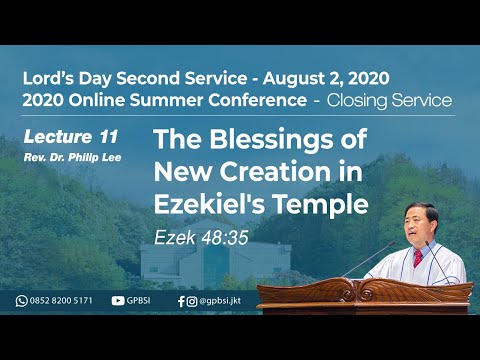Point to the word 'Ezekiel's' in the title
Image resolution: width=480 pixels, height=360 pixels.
(x=206, y=204)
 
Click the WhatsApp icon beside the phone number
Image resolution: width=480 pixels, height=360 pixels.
(x=21, y=300)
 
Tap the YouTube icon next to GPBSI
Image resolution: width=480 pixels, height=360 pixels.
(x=118, y=300)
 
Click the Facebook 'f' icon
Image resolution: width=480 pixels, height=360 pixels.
(x=180, y=300)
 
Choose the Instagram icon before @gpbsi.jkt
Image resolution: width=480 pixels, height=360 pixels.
(x=191, y=300)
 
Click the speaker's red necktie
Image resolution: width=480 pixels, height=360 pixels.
(x=417, y=259)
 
